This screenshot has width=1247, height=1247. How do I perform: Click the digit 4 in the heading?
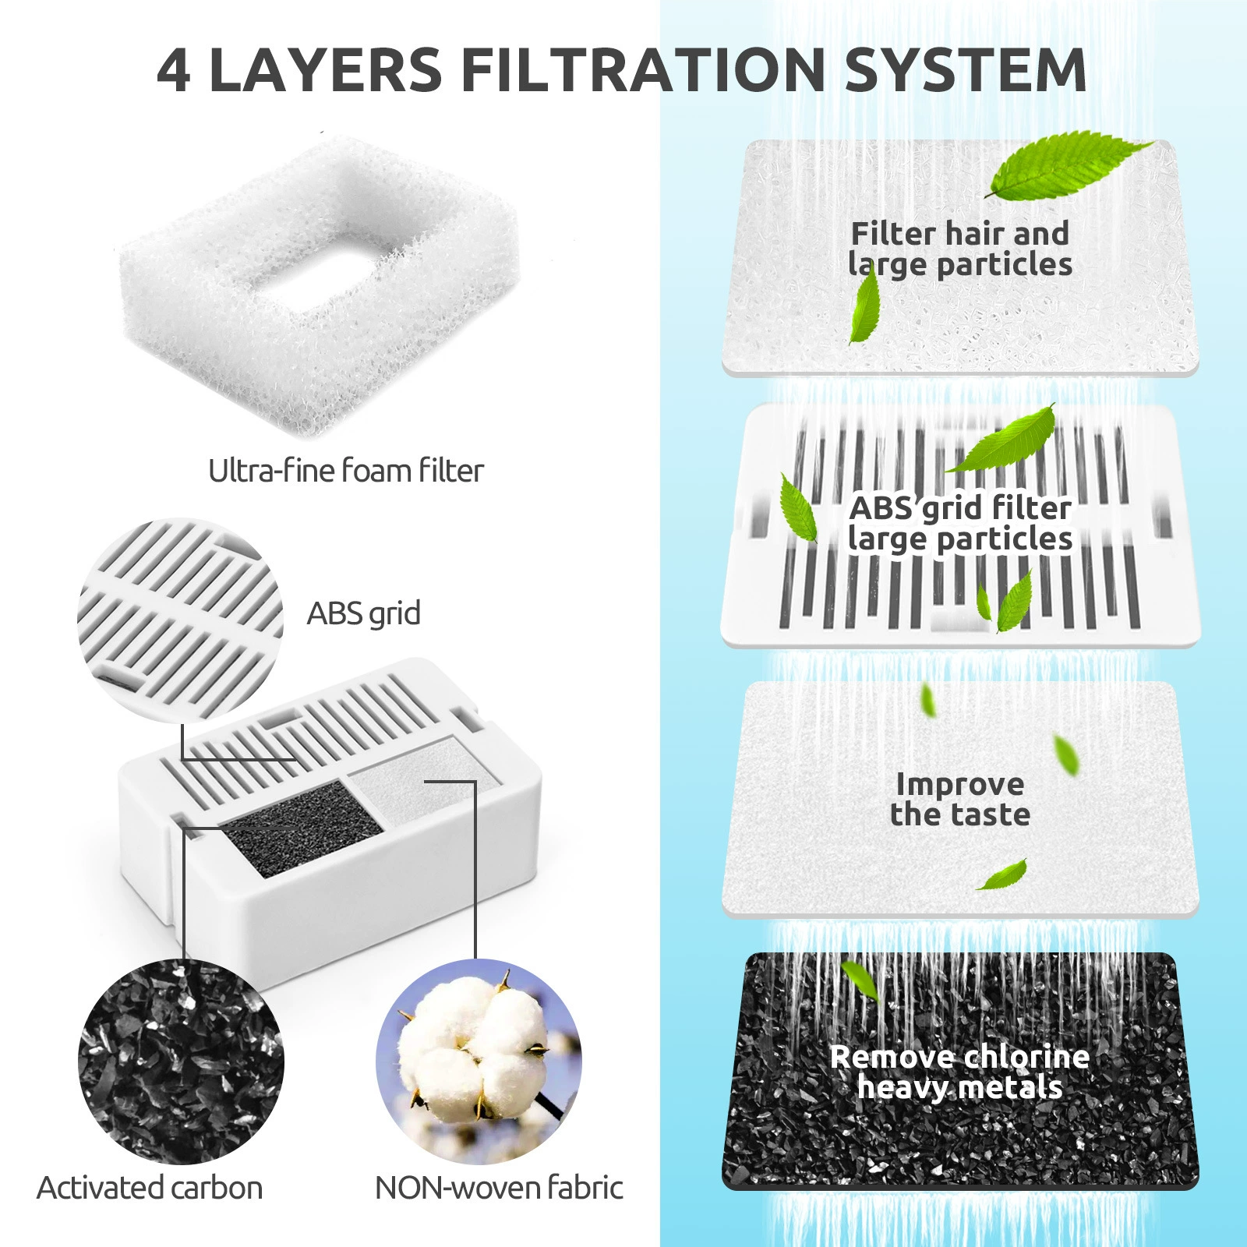point(173,70)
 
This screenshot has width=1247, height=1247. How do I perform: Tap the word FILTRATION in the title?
point(643,70)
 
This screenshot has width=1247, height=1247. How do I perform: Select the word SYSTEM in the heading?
point(966,70)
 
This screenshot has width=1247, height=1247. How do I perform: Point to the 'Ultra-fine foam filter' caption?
point(346,471)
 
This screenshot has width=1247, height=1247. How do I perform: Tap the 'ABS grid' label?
point(364,614)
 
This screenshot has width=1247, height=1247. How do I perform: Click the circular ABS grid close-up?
point(180,620)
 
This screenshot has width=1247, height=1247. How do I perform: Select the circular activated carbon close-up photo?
point(181,1062)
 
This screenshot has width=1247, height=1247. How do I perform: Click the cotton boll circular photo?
point(479,1062)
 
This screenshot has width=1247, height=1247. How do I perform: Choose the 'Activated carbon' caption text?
point(150,1189)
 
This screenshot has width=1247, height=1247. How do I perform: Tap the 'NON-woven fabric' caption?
point(499,1189)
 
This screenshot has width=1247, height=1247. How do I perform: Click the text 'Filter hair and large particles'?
point(960,249)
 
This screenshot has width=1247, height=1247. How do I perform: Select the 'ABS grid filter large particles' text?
point(960,523)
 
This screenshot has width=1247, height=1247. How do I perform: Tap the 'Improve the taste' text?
point(960,799)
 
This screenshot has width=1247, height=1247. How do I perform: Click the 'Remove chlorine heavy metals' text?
point(960,1072)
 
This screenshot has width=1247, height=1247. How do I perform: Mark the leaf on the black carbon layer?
point(860,980)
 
